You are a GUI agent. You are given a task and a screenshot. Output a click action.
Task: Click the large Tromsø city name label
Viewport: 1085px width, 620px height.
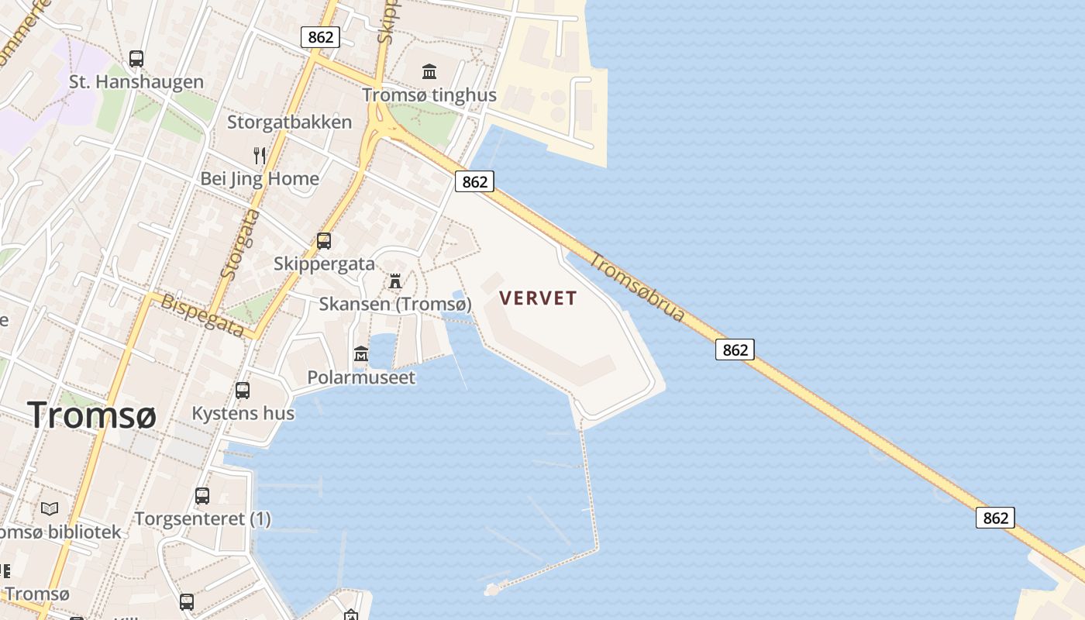pos(92,415)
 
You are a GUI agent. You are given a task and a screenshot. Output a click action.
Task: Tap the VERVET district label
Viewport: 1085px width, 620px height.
pos(539,298)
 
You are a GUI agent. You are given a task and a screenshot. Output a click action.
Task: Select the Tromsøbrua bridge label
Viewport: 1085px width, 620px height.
pos(637,287)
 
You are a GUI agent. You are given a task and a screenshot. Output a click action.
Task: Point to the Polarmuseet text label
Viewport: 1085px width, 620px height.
pos(361,377)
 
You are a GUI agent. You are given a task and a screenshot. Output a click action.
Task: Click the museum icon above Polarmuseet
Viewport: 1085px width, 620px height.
pos(361,354)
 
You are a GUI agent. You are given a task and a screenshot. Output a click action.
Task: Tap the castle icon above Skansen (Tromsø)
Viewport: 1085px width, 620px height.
pos(395,281)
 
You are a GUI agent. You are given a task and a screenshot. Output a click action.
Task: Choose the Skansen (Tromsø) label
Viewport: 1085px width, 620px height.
pos(395,304)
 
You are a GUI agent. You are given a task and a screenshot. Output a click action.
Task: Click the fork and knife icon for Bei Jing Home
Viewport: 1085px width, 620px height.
pos(260,156)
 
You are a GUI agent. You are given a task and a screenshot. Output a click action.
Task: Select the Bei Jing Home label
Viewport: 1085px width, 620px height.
pos(260,179)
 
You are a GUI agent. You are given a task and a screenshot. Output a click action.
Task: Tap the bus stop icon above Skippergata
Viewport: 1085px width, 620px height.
pos(324,241)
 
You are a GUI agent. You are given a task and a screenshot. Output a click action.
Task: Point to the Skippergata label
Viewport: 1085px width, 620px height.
pos(324,263)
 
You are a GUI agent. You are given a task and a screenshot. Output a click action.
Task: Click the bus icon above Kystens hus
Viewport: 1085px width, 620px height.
pos(243,391)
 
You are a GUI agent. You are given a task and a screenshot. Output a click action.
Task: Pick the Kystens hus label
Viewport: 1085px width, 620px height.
pos(243,413)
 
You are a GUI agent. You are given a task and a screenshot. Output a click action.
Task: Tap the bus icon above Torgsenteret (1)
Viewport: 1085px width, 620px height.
pos(202,496)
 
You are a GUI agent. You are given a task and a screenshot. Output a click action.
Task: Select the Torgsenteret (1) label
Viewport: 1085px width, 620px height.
pos(203,518)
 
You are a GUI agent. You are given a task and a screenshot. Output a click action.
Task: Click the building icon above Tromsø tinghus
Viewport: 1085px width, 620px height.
pos(429,72)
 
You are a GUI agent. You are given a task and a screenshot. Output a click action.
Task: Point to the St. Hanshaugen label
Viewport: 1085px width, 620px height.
pos(136,81)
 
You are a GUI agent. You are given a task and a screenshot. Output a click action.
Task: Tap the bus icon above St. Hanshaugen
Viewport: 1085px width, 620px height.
pos(136,58)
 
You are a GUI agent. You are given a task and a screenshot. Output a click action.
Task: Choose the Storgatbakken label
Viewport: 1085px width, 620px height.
pos(289,122)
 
